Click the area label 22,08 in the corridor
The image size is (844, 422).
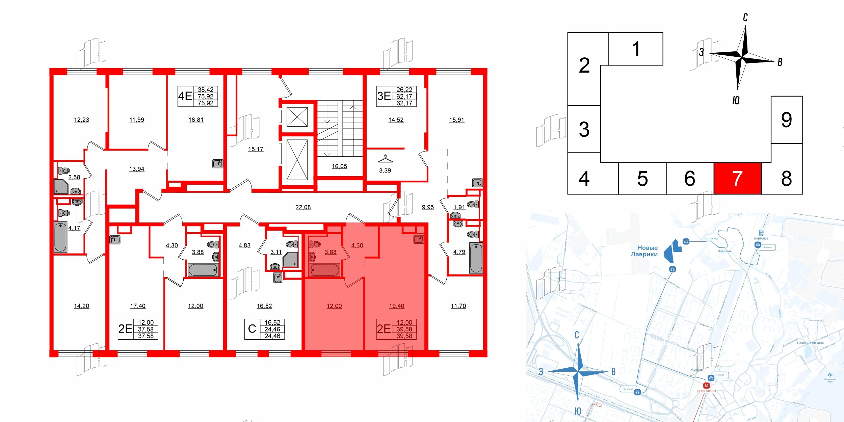coord(303,207)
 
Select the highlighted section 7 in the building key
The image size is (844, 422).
coord(737,178)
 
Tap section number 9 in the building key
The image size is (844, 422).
coord(786,120)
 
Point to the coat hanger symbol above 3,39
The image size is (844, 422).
coord(385,159)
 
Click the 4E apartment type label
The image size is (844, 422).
coord(185,96)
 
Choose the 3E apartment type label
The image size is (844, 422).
coord(384,96)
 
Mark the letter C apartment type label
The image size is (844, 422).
coord(252,329)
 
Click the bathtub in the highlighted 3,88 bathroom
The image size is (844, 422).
coord(325,270)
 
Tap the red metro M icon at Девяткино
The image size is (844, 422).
coord(706,386)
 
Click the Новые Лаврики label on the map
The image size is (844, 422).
coord(644,251)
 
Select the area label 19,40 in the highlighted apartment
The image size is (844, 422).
coord(396,306)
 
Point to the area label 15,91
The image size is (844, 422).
coord(456,120)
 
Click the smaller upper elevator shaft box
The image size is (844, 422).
coord(297,117)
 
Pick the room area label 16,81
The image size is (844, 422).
coord(196,120)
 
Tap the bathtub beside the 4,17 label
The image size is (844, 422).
coord(60,237)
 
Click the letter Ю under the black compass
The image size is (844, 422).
coord(736,100)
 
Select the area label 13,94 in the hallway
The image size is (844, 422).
coord(136,169)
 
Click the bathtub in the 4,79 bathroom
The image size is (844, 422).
coord(476,258)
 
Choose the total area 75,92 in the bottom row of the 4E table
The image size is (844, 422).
coord(206,103)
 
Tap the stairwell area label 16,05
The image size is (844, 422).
coord(339,166)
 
